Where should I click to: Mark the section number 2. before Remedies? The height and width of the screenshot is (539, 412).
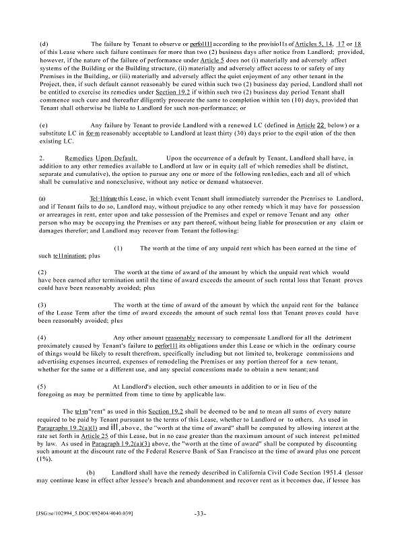point(42,158)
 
